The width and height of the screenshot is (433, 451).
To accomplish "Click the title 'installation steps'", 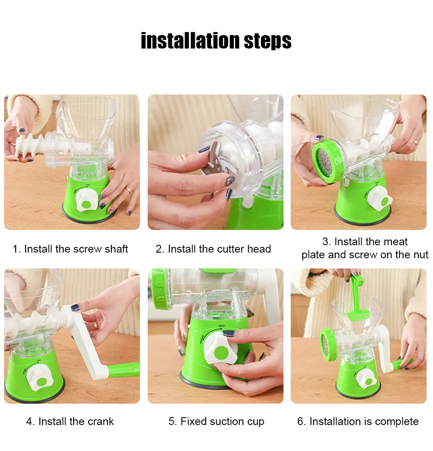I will click(x=216, y=41).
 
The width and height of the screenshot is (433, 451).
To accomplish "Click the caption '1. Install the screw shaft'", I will click(x=71, y=249).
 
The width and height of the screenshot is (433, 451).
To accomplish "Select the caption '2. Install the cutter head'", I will click(x=213, y=249).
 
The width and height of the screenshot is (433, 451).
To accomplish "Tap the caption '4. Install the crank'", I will click(x=70, y=422).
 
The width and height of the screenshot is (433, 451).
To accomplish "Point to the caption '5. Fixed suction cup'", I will click(x=216, y=422).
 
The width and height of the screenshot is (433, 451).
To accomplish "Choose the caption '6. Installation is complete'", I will click(x=358, y=422).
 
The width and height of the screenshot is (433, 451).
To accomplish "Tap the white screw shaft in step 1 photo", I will click(x=30, y=145).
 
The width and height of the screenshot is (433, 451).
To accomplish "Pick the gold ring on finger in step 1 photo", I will click(x=129, y=190).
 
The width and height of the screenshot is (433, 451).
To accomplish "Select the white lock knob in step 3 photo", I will click(x=380, y=199).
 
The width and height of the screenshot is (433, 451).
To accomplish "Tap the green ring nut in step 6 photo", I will click(x=328, y=345).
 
